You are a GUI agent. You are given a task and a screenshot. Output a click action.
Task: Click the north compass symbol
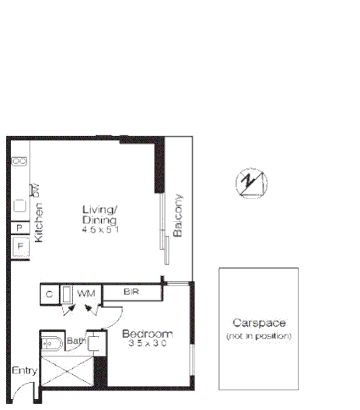click(250, 184)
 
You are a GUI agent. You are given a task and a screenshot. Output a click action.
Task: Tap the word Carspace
click(259, 323)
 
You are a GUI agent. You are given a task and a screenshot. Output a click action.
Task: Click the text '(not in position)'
click(259, 336)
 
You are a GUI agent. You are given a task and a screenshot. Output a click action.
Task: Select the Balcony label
click(178, 216)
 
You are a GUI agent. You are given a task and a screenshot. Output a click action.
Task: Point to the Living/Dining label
click(100, 213)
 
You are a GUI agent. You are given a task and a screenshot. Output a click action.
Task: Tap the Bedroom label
click(147, 334)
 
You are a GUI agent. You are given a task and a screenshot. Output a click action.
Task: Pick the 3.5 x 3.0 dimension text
click(147, 345)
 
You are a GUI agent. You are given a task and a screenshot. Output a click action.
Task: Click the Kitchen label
click(40, 223)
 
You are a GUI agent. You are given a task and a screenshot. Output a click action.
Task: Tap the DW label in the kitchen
click(34, 187)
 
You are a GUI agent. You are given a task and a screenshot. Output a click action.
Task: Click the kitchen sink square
click(19, 206)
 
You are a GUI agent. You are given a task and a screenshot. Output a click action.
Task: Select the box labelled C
click(49, 294)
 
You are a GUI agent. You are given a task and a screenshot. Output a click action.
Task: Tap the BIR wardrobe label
click(131, 293)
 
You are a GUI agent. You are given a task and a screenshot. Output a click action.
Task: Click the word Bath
click(75, 341)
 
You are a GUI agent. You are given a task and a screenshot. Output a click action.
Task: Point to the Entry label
click(23, 371)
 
